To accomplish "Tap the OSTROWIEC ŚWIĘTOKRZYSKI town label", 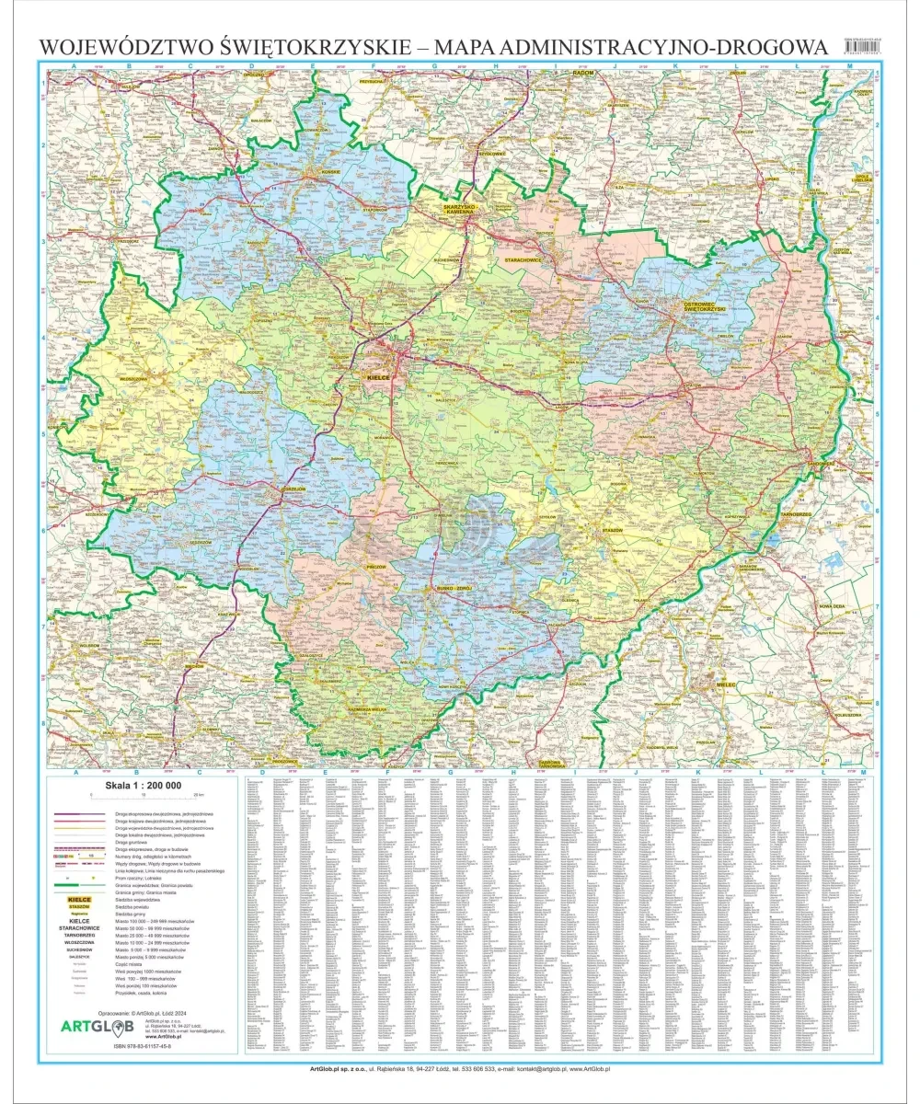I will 705,306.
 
